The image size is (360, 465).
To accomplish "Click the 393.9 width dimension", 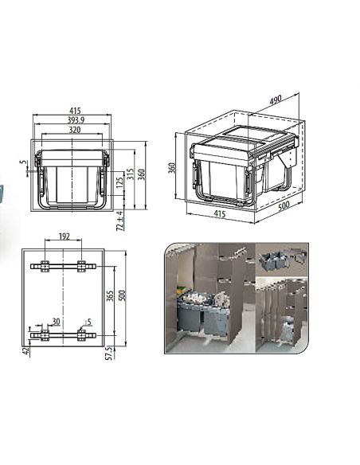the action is click(x=76, y=119).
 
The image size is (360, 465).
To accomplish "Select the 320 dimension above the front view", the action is click(x=74, y=130).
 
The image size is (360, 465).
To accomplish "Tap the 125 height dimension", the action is click(x=119, y=182).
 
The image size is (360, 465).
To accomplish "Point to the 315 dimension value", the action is click(x=131, y=174).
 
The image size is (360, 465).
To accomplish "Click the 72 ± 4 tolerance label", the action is click(x=119, y=221).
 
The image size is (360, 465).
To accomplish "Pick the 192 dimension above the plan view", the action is click(x=64, y=236).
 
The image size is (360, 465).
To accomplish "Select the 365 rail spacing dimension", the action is click(x=110, y=296).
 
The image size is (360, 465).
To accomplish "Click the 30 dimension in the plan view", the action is click(x=56, y=322).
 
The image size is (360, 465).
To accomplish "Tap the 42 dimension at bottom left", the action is click(x=26, y=351).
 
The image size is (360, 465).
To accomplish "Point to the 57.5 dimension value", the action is click(x=110, y=353).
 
